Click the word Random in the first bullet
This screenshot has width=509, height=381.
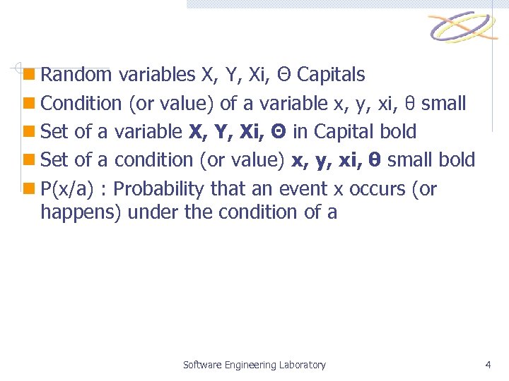(76, 74)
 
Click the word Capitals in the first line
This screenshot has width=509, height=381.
(331, 74)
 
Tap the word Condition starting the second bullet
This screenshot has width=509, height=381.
(81, 104)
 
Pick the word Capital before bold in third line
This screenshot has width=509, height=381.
(342, 132)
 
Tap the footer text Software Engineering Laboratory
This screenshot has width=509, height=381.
(254, 365)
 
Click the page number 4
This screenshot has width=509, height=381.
(488, 365)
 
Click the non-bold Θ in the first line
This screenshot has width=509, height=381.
(283, 74)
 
